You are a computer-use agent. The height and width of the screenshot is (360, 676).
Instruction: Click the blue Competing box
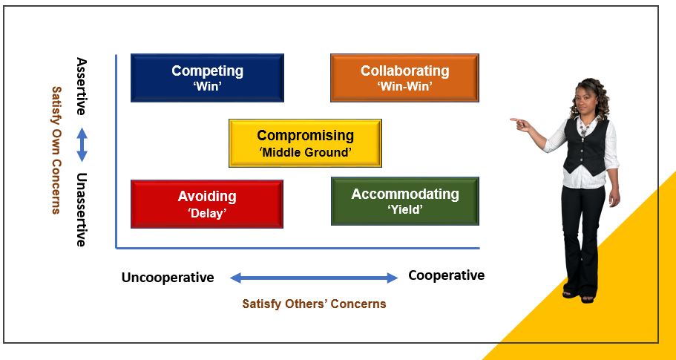(x=207, y=78)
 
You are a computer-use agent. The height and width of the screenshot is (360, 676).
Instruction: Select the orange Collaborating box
(x=405, y=78)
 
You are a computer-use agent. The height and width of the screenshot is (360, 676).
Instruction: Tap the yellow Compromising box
(x=305, y=143)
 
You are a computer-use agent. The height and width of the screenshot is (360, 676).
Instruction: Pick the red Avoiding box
(x=207, y=204)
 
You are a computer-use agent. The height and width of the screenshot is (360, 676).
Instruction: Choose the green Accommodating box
(x=405, y=201)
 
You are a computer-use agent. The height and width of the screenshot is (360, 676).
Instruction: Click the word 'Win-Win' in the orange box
(x=405, y=86)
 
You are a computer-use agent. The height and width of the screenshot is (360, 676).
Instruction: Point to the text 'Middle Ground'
(x=305, y=152)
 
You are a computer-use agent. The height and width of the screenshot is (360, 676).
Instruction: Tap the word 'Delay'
(x=207, y=212)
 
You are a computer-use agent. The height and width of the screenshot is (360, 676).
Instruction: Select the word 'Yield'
(x=405, y=210)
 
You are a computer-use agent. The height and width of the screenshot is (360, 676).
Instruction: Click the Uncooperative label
(x=168, y=277)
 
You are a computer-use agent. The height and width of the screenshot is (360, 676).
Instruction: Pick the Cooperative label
(x=446, y=275)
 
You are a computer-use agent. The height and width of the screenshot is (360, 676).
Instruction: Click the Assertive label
(x=82, y=86)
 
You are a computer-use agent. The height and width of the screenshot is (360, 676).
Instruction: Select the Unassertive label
(x=82, y=209)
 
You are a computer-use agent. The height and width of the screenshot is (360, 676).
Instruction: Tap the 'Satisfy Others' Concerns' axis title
(x=314, y=304)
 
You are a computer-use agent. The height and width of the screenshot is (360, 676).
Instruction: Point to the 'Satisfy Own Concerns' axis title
(x=56, y=150)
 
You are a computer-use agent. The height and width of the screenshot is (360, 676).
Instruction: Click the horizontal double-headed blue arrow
(x=314, y=278)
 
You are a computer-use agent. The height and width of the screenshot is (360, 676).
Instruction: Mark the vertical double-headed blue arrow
(x=82, y=145)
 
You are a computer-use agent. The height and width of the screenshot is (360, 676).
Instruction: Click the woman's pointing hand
(x=519, y=124)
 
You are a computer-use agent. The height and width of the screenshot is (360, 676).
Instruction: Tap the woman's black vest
(x=585, y=146)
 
